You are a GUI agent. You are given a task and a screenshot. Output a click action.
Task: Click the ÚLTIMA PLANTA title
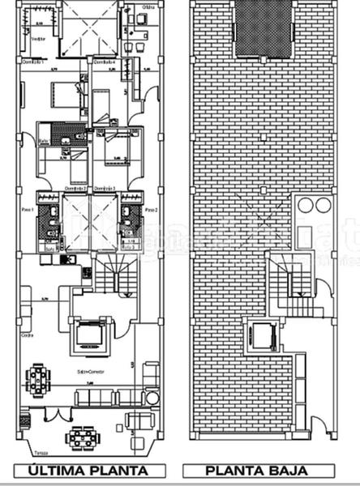[x=88, y=471]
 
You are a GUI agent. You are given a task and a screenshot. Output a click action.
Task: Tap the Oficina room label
[x=148, y=7]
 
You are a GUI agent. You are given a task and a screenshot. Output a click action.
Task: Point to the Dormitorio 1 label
[x=31, y=62]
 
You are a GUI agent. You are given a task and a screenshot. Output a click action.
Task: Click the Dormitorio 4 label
[x=103, y=62]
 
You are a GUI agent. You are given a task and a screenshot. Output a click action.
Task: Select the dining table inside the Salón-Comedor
[x=38, y=379]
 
